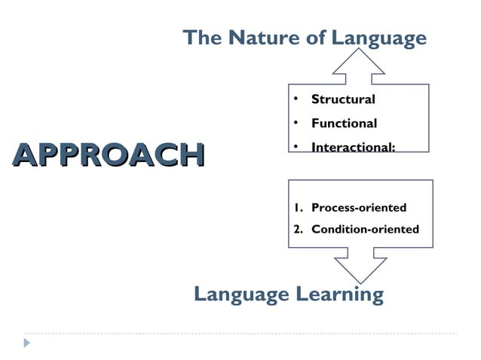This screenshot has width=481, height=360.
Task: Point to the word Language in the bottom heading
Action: (240, 294)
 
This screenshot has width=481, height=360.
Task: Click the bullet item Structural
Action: (343, 99)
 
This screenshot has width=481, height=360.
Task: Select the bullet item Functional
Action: (344, 124)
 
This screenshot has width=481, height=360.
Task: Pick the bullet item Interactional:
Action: (353, 148)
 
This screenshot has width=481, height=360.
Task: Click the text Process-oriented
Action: (359, 208)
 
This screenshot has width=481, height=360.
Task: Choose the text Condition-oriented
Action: (365, 229)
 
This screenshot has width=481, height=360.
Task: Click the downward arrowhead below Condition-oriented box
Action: (360, 269)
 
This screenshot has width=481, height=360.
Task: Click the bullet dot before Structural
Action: (297, 99)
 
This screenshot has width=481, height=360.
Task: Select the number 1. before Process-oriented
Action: (299, 208)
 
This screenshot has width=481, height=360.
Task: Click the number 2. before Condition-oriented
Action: (299, 229)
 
